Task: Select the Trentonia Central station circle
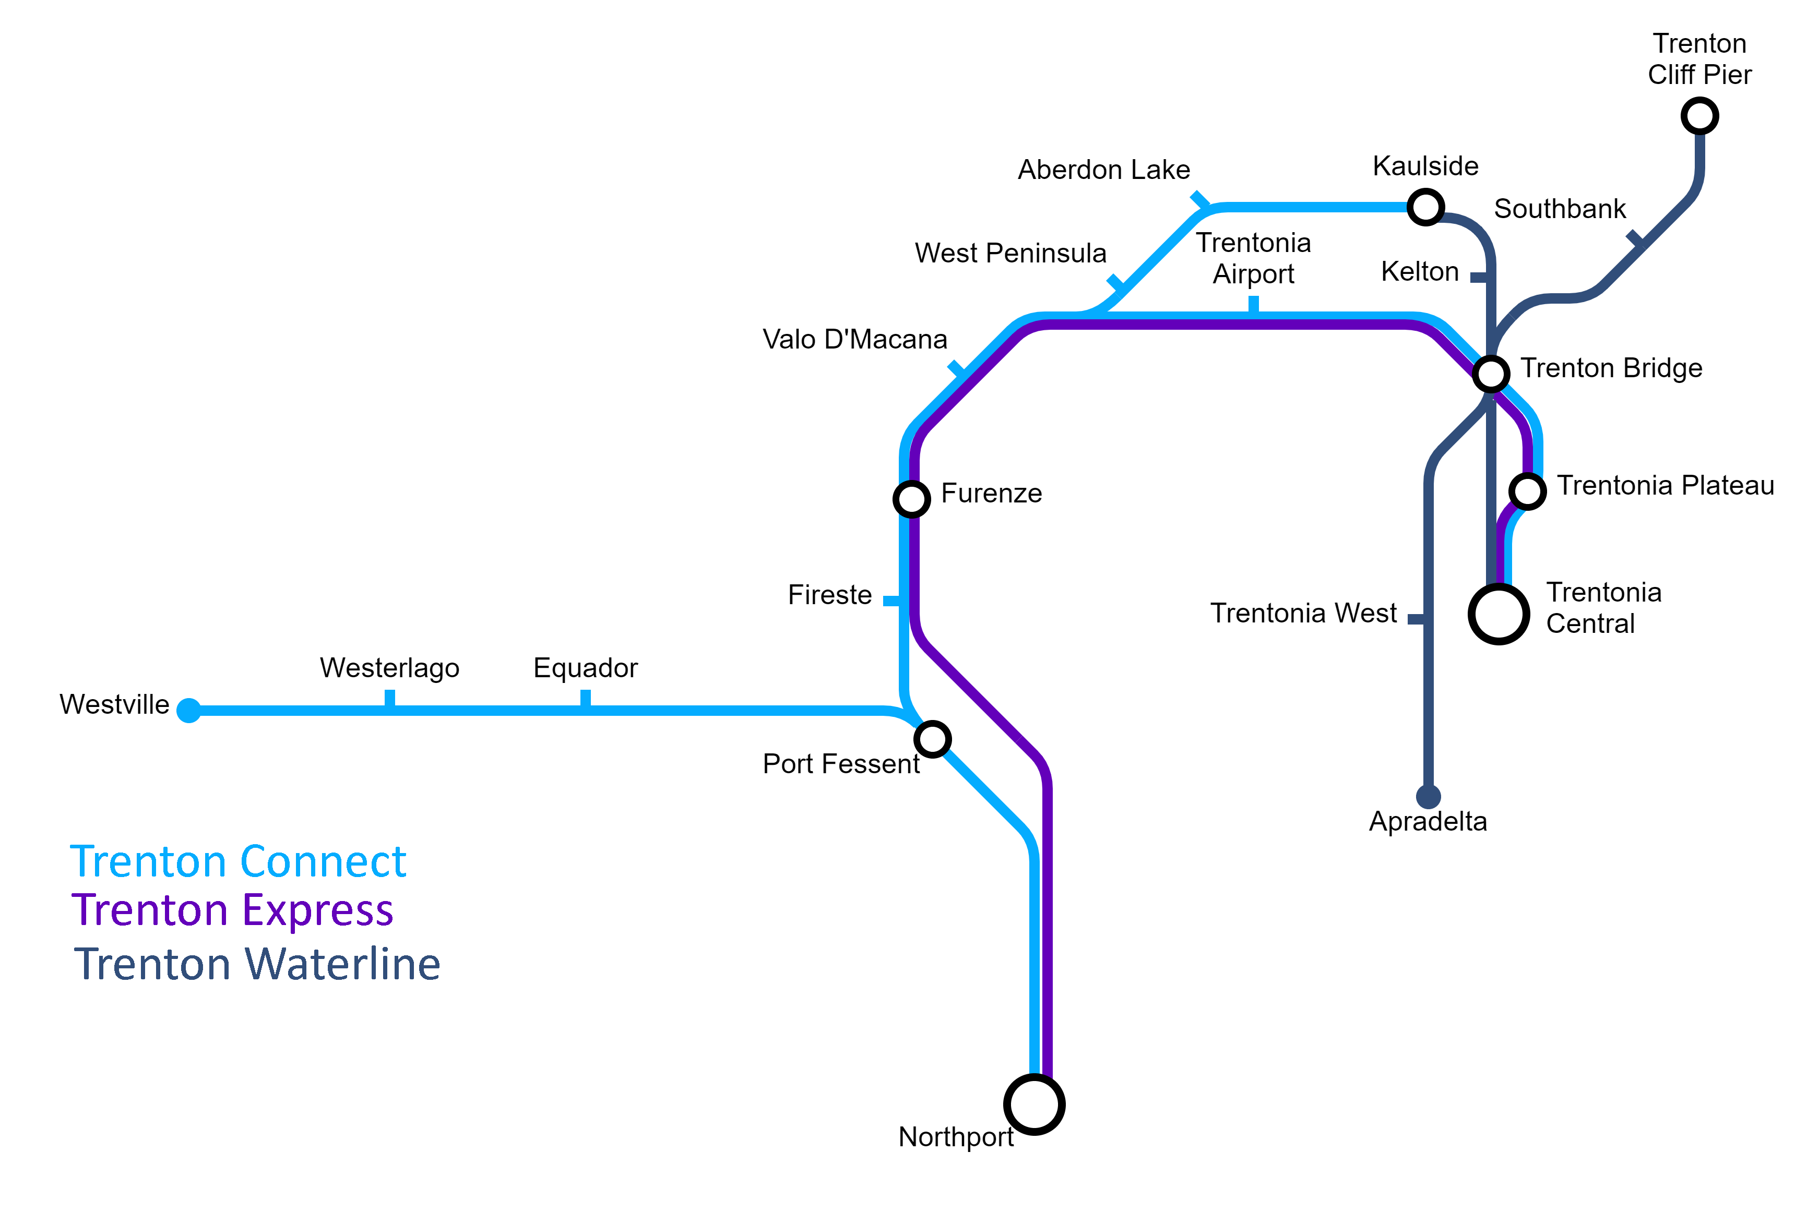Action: click(x=1498, y=614)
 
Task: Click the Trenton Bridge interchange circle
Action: click(x=1490, y=374)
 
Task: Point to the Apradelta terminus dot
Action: click(x=1428, y=797)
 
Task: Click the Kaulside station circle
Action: click(x=1425, y=207)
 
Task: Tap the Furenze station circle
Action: click(x=911, y=499)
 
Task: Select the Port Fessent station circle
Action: click(x=932, y=738)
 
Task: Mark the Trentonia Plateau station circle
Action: click(x=1527, y=491)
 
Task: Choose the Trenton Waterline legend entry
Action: click(x=257, y=964)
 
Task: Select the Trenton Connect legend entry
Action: click(x=238, y=862)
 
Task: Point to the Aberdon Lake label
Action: click(x=1104, y=170)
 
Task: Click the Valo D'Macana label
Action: click(x=855, y=340)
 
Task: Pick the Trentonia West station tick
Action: click(x=1416, y=619)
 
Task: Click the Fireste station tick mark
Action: click(x=891, y=601)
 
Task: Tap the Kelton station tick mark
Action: click(x=1479, y=277)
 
